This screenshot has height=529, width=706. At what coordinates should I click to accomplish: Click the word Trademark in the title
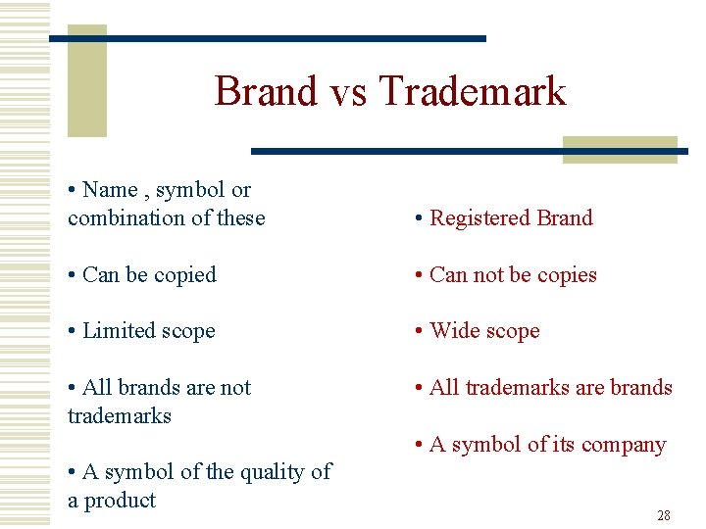[473, 91]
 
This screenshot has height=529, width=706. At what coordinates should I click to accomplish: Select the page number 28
[664, 515]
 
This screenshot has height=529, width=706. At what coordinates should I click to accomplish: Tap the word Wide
[453, 331]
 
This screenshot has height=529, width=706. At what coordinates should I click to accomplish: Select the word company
[624, 445]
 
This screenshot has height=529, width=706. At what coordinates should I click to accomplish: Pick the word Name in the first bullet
[110, 190]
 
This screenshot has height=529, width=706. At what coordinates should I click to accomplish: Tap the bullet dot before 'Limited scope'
[73, 332]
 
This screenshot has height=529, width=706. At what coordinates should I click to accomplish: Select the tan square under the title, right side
[620, 149]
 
